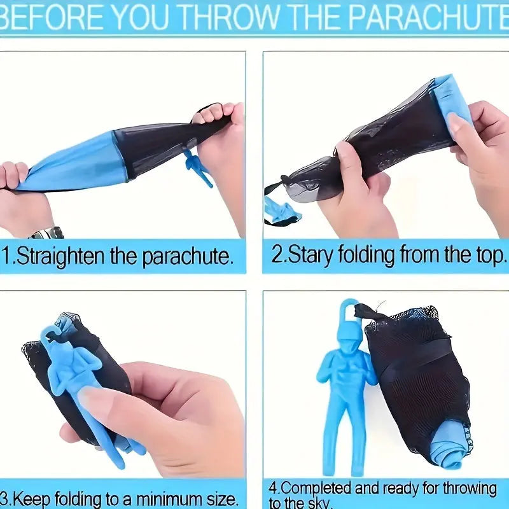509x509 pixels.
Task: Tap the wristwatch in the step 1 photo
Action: tap(47, 234)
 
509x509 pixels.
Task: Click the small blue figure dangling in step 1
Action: tap(199, 167)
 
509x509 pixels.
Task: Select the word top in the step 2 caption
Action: tap(491, 256)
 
